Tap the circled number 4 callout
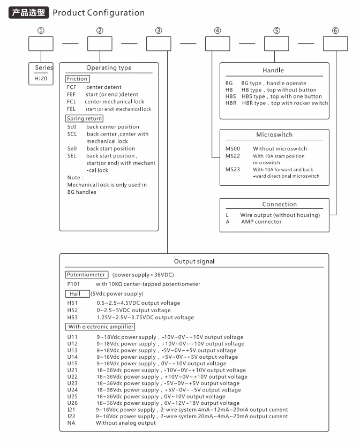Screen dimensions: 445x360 (x=217, y=31)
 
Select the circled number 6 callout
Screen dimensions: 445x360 (x=335, y=31)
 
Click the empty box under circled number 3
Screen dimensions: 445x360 (x=159, y=43)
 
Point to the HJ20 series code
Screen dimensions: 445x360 (x=41, y=78)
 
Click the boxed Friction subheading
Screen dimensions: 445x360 (x=77, y=79)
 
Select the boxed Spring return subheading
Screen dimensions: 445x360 (x=84, y=118)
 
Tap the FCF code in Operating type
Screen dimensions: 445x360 (x=72, y=87)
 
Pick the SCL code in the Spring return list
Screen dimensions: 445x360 (x=72, y=134)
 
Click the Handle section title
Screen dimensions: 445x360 (x=273, y=70)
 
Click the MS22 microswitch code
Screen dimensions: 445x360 (x=232, y=156)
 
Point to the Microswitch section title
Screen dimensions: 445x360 (x=274, y=135)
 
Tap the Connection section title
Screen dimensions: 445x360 (x=279, y=204)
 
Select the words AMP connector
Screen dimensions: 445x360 (x=261, y=222)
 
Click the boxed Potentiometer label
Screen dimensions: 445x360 (x=86, y=275)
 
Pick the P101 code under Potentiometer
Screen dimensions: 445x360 (x=73, y=284)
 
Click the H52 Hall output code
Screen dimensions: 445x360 (x=72, y=310)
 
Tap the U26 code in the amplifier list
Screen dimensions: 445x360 (x=72, y=403)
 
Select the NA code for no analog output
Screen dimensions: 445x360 (x=71, y=423)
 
